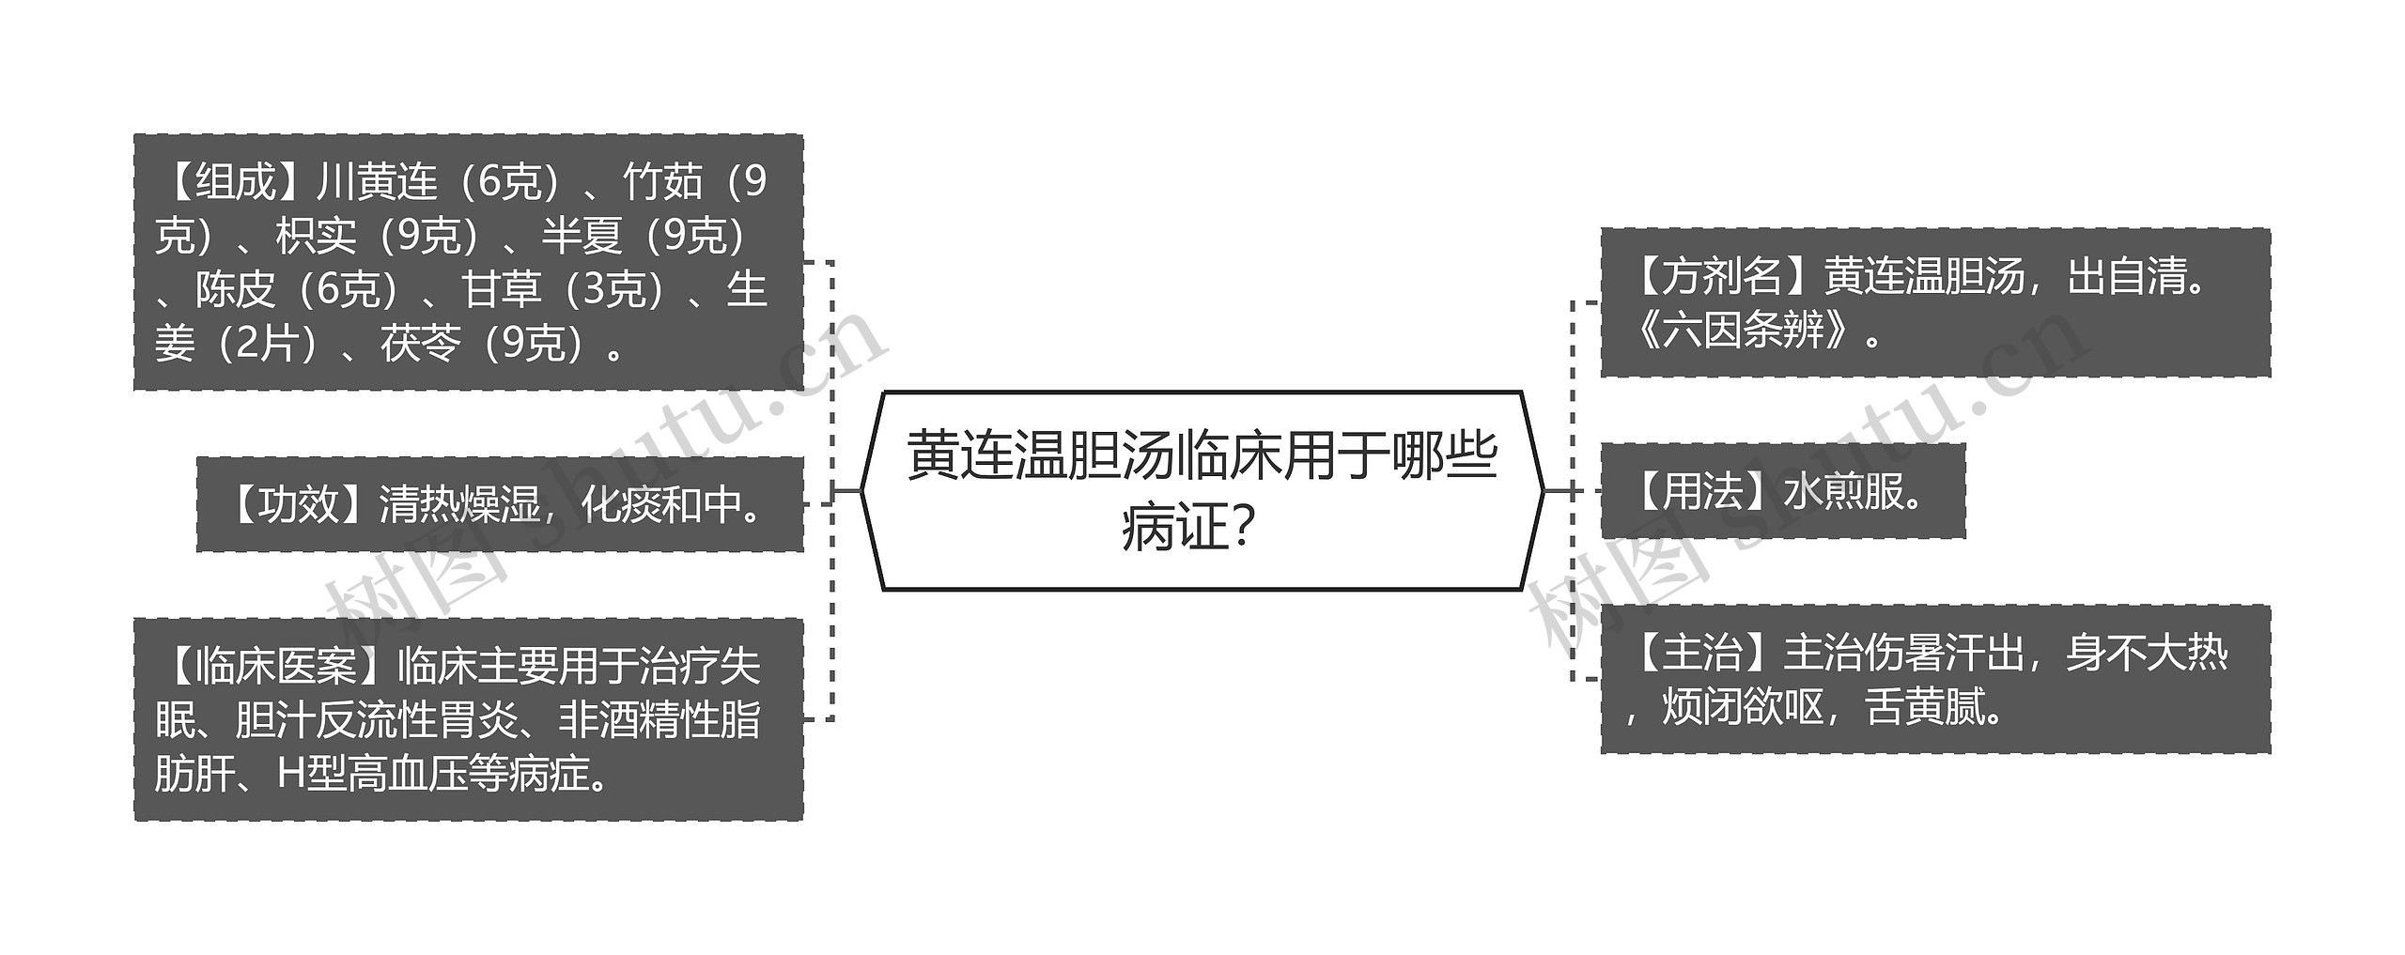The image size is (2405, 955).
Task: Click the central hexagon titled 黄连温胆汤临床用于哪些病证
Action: tap(1202, 490)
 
